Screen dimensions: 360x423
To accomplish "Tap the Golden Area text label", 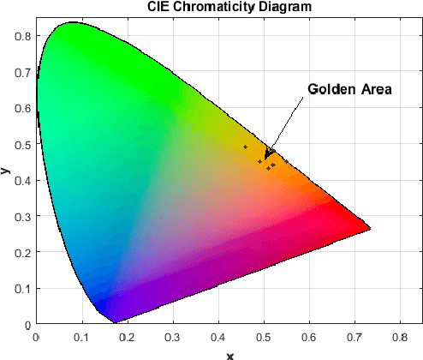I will (x=349, y=89).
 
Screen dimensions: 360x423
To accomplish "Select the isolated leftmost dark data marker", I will (x=245, y=147).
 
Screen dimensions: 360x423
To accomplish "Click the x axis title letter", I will (x=229, y=355).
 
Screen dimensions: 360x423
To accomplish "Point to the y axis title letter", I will (x=7, y=171).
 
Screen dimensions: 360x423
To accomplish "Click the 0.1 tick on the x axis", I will (x=81, y=337).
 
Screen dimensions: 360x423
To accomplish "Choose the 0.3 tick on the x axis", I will (x=173, y=337).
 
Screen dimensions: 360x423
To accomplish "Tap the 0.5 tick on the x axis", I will (x=264, y=337).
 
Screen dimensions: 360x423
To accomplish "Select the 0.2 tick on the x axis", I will (x=127, y=337).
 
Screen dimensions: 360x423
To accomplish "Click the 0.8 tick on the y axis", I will (x=24, y=36).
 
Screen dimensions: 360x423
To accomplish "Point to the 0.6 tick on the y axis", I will (x=24, y=108).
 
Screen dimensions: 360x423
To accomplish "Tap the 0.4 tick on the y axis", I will (x=24, y=180).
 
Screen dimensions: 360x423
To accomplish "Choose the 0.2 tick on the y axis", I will (x=24, y=253).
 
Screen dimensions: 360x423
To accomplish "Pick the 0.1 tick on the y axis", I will (x=24, y=289).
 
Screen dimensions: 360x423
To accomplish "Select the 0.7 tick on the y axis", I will (x=24, y=72).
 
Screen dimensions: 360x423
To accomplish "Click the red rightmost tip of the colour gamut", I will (x=369, y=229).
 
